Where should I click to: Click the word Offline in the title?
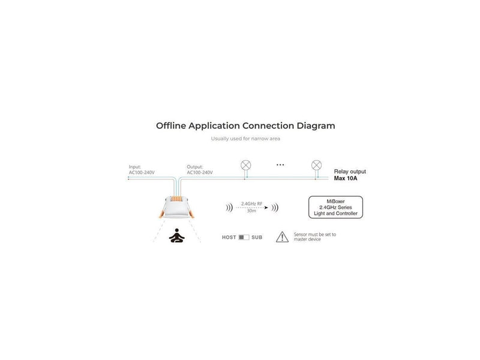[171, 125]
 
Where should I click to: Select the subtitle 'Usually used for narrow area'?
[245, 139]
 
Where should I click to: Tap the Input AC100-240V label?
[142, 170]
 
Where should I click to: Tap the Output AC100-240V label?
[200, 170]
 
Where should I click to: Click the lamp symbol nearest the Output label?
[246, 166]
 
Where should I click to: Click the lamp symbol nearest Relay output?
[317, 166]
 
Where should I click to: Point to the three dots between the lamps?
[280, 164]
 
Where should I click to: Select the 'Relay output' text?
[350, 172]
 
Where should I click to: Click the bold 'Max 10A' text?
[346, 178]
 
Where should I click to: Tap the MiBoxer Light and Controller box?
[335, 207]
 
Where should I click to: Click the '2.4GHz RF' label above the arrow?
[251, 203]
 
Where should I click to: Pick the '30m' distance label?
[251, 211]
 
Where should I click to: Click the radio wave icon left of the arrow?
[229, 208]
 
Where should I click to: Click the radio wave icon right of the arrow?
[275, 208]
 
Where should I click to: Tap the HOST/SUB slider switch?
[244, 237]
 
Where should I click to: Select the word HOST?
[229, 237]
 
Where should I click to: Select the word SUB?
[257, 237]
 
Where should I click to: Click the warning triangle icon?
[282, 237]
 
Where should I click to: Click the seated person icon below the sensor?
[176, 235]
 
